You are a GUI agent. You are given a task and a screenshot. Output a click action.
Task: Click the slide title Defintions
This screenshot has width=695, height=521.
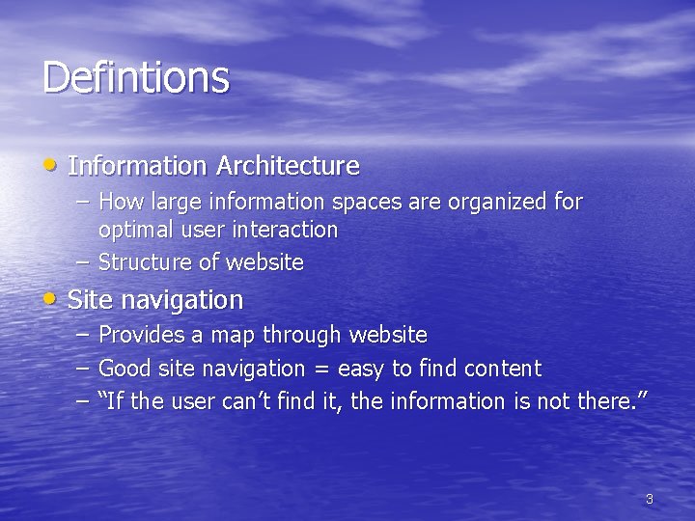(136, 77)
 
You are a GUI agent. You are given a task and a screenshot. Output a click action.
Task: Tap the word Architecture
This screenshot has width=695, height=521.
(288, 166)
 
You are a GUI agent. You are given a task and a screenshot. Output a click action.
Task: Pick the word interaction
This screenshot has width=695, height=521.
(289, 230)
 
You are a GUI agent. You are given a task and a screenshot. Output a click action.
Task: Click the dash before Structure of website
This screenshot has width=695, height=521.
(82, 261)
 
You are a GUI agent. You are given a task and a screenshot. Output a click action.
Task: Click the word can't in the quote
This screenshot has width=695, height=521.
(243, 400)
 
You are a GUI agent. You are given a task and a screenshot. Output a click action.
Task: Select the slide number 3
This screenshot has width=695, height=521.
(649, 499)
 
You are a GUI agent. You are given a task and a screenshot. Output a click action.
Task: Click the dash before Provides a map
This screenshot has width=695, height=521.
(82, 334)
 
